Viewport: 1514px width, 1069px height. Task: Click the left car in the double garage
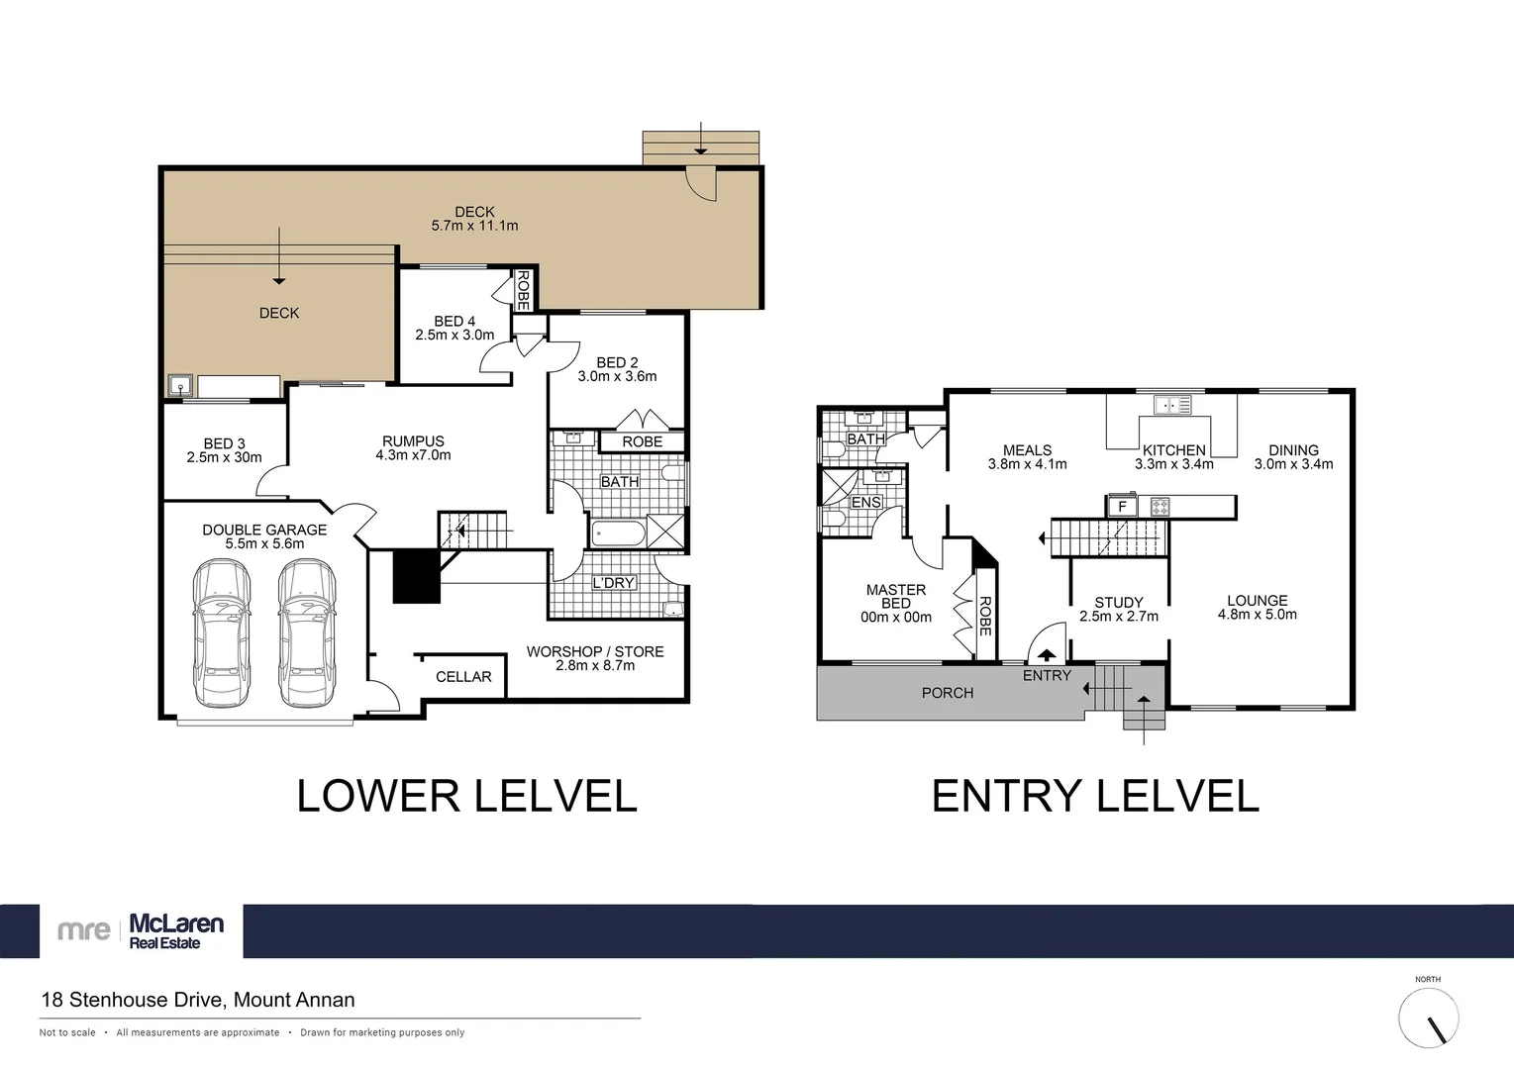(222, 633)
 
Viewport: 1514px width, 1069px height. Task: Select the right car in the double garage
(307, 633)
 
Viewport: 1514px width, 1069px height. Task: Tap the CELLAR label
(463, 677)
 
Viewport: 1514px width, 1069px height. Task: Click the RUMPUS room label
(413, 441)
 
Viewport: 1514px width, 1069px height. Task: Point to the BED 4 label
(454, 321)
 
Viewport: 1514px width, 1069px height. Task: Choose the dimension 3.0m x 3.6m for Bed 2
(617, 376)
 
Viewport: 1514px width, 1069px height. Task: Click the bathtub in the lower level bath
(619, 534)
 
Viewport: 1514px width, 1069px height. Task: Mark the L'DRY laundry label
(613, 583)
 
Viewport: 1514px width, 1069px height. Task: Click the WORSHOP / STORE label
(595, 651)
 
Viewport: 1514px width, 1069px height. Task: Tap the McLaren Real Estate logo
(142, 930)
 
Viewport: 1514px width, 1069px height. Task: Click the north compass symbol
(1428, 1018)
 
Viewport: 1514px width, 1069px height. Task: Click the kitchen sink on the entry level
(1172, 405)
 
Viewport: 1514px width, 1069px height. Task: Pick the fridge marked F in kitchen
(1122, 507)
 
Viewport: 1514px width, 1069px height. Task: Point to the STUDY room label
(1119, 602)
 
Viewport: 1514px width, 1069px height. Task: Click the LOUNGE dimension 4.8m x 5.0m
(1257, 615)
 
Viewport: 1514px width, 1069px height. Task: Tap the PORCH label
(948, 693)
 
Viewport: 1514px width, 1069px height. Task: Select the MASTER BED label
(896, 596)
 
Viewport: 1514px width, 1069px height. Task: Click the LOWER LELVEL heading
(466, 797)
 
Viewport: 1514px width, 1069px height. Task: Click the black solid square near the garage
(416, 576)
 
